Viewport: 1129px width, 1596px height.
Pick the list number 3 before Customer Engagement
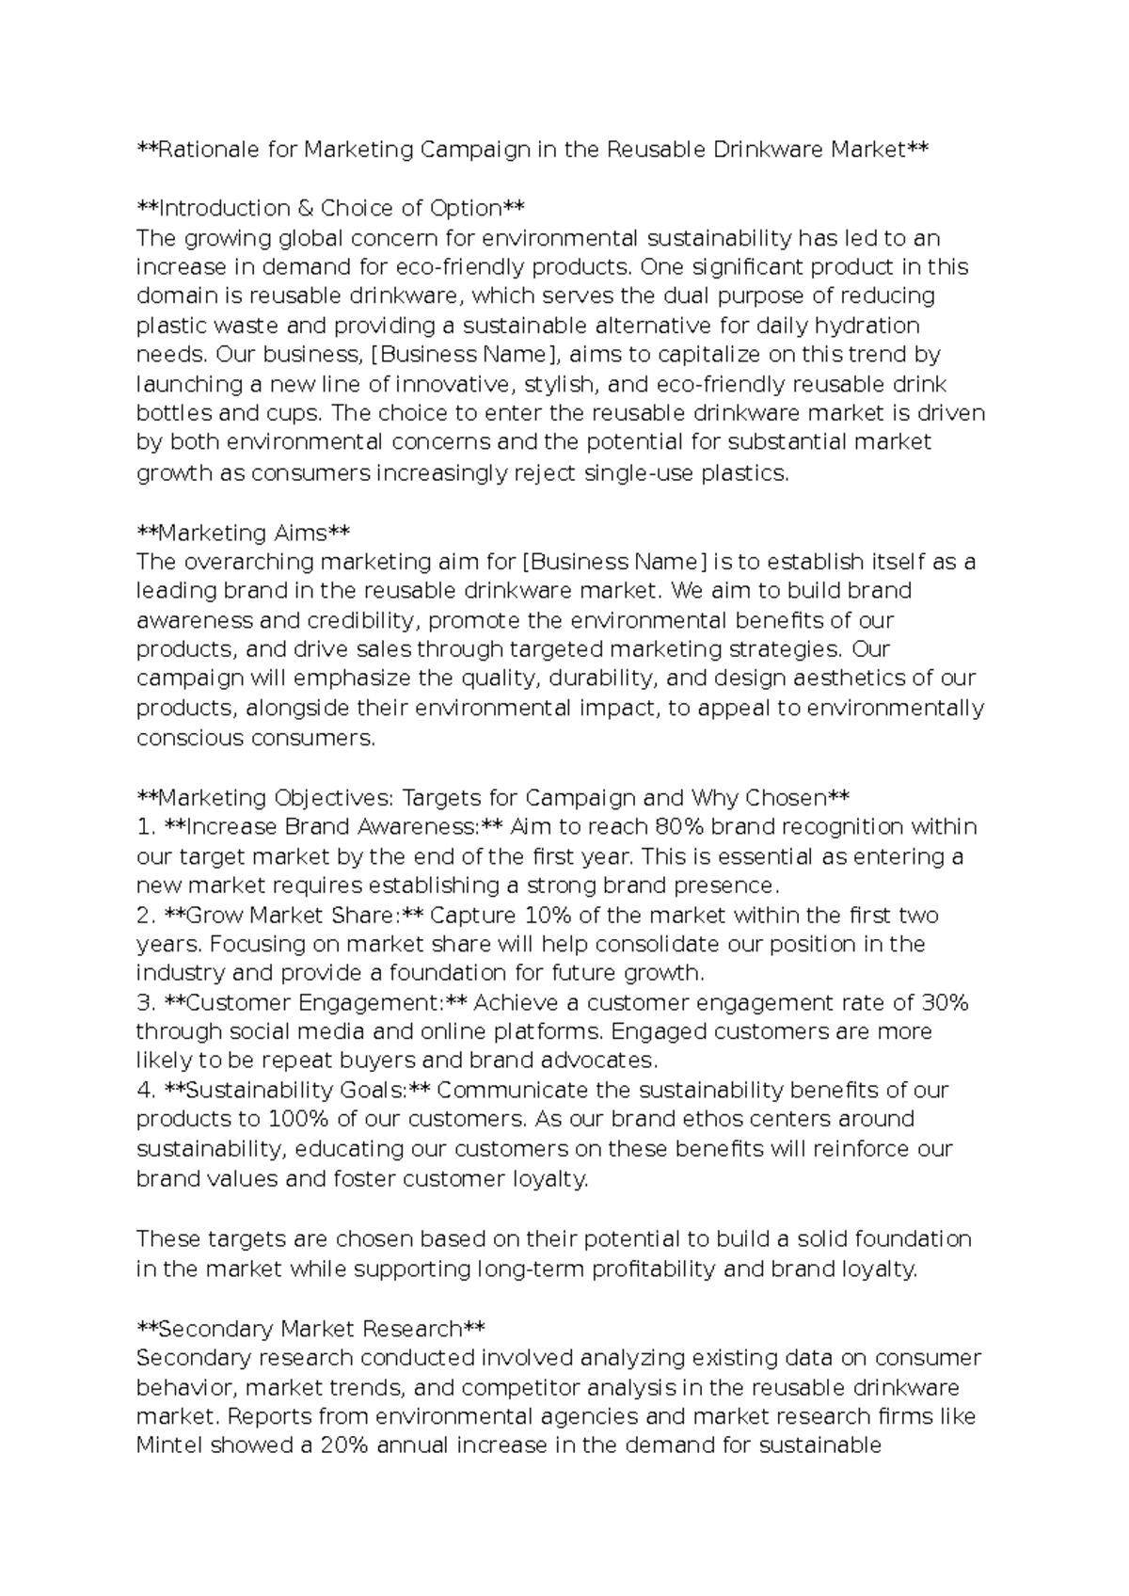pyautogui.click(x=144, y=1003)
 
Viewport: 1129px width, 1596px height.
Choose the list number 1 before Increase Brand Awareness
pyautogui.click(x=143, y=827)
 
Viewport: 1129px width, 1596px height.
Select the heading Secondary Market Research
pyautogui.click(x=310, y=1329)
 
